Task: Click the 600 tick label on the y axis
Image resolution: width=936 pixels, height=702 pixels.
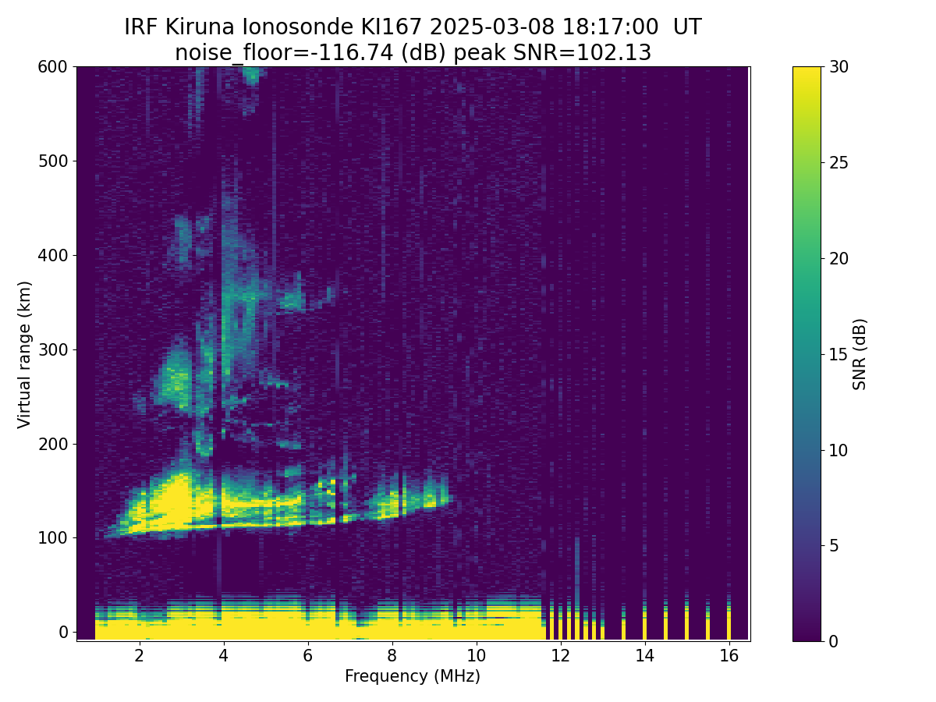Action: click(53, 67)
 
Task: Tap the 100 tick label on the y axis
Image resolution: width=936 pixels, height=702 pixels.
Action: click(53, 538)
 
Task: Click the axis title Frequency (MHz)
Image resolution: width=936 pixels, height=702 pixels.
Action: click(413, 676)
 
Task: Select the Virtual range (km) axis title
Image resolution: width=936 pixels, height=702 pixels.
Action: click(25, 354)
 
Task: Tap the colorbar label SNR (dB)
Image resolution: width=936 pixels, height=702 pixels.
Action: click(860, 354)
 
